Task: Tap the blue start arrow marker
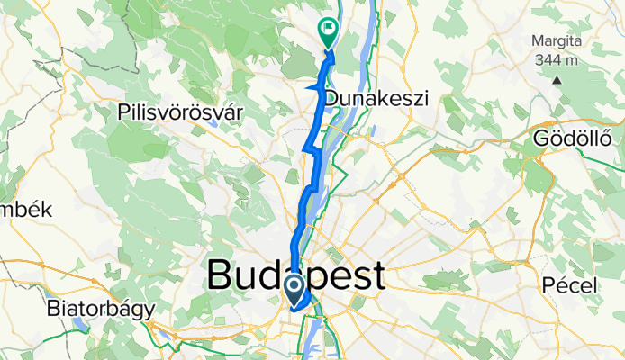click(294, 288)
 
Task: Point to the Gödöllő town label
click(572, 139)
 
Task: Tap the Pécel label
click(571, 285)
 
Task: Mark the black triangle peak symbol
click(557, 79)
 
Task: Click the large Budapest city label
click(296, 275)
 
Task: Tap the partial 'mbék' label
click(27, 210)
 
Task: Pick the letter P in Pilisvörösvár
click(123, 112)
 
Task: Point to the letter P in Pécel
click(548, 285)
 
